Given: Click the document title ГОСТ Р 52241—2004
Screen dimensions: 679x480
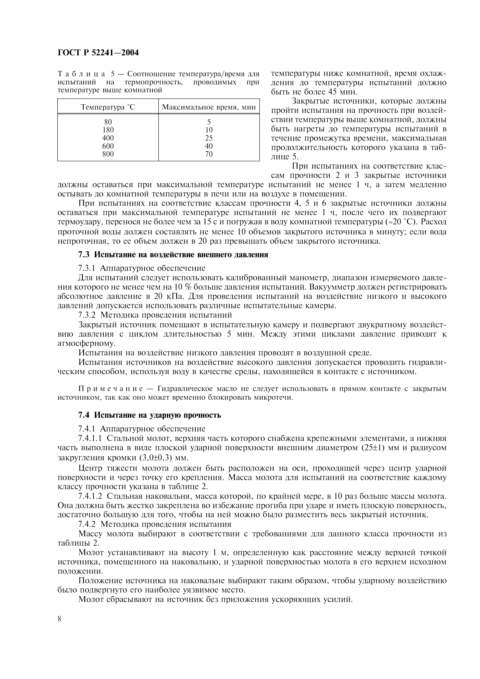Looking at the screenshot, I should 98,53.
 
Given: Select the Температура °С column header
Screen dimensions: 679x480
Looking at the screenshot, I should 108,107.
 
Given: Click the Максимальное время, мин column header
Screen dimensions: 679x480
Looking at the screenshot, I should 209,107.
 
